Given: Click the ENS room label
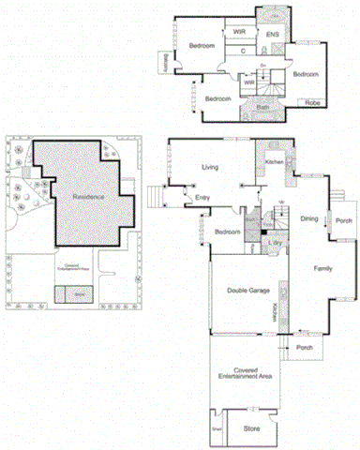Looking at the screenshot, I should point(273,35).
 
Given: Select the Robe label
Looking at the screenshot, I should point(312,102).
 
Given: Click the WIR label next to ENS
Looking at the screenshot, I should point(240,31).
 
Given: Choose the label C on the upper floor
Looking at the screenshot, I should point(243,51).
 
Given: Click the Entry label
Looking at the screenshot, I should point(202,197).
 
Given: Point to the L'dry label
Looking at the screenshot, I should point(276,243).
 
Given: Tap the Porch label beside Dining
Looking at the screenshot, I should point(343,221).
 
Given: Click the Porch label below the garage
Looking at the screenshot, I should point(304,347).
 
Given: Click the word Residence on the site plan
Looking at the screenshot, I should point(88,197).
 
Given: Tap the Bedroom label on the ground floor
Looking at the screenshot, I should point(225,232).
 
